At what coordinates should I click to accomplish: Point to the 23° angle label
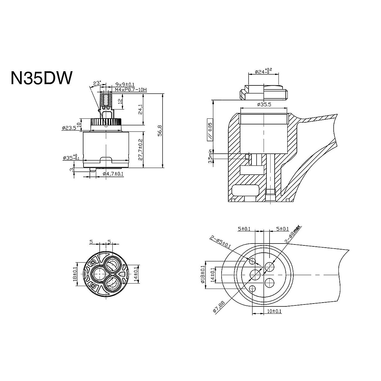pos(97,83)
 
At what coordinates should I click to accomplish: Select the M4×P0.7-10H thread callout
pos(126,90)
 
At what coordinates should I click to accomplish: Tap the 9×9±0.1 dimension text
pos(125,84)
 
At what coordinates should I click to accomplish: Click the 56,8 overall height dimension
pos(160,130)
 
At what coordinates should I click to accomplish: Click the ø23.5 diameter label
pos(69,128)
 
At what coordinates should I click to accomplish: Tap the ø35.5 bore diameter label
pos(264,104)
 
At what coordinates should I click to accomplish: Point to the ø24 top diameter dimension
pos(263,71)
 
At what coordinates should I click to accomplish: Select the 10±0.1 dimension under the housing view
pos(273,311)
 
